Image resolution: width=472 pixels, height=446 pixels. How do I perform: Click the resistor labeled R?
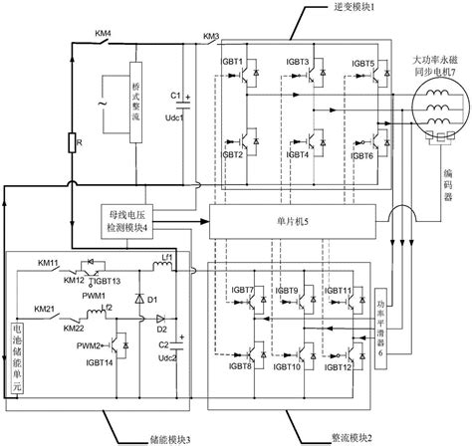click(x=72, y=145)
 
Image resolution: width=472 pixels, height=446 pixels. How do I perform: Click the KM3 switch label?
click(x=211, y=38)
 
